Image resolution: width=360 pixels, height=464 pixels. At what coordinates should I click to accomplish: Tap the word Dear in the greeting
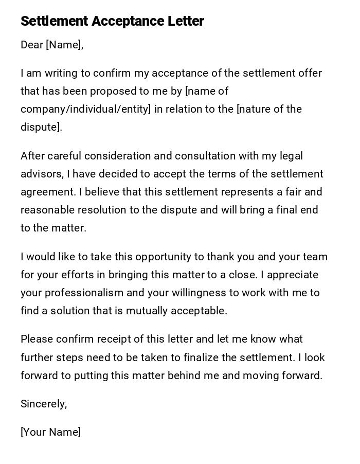point(32,45)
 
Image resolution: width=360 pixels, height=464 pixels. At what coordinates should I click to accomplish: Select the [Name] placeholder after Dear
point(64,45)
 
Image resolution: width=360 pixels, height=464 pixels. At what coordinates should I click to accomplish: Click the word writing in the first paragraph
point(62,73)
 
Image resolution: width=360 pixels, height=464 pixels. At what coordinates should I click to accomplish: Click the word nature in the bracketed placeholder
point(256,109)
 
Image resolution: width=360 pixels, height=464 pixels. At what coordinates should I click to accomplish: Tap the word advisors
point(41,174)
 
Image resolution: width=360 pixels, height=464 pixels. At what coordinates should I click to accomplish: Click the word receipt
point(119,339)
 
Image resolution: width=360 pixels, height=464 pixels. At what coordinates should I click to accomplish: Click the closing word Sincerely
point(44,404)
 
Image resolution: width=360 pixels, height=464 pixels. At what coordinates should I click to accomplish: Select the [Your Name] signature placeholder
point(50,432)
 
